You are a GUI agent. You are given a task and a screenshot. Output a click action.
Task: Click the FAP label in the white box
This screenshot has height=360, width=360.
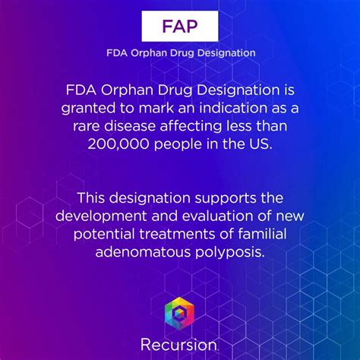click(x=180, y=27)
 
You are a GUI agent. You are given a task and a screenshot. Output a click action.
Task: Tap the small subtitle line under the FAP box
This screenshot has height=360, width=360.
click(x=180, y=53)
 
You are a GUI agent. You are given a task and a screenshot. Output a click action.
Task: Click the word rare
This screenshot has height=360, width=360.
click(x=88, y=125)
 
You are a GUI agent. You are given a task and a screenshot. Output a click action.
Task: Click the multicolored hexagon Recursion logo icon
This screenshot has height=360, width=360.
click(x=180, y=311)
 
